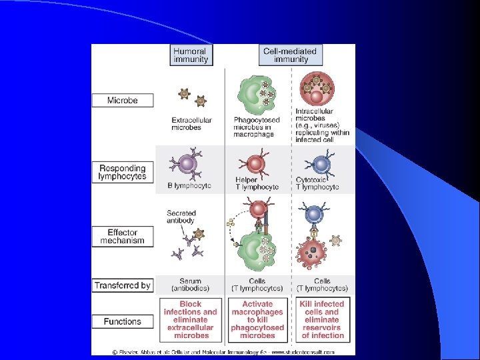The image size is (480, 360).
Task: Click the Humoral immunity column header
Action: click(x=191, y=55)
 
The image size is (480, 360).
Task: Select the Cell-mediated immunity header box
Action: click(x=291, y=55)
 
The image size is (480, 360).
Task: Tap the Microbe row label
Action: click(x=123, y=101)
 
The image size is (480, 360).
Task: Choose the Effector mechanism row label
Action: click(x=123, y=237)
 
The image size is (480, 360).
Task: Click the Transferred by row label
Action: click(x=123, y=285)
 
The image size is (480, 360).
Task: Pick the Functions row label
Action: click(x=123, y=321)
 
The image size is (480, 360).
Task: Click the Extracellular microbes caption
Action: click(x=191, y=124)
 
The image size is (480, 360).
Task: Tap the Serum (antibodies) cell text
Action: click(x=191, y=285)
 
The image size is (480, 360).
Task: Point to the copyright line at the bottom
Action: click(x=223, y=351)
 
